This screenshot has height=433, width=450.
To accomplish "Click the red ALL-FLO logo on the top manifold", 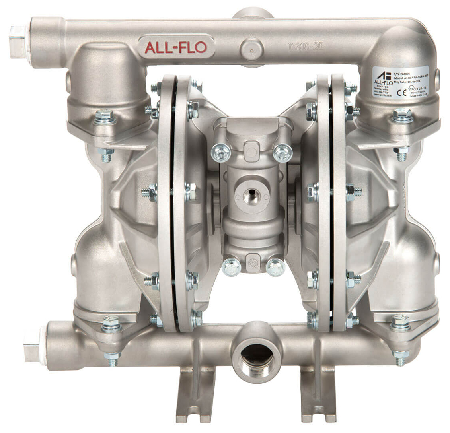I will coord(175,47).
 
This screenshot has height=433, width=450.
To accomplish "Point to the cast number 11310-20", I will coord(305,47).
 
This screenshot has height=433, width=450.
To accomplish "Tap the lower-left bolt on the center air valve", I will coord(232,267).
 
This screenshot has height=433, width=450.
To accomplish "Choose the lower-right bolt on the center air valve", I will coord(275,267).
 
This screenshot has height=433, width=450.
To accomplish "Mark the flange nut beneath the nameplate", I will coord(403,116).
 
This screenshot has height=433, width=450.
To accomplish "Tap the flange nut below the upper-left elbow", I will coord(105,117).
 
